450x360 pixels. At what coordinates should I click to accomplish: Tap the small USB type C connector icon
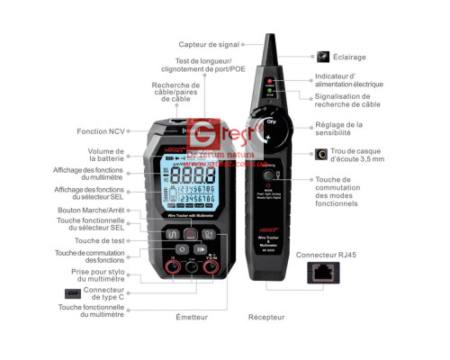click(71, 292)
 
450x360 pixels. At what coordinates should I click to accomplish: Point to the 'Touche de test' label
click(99, 240)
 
